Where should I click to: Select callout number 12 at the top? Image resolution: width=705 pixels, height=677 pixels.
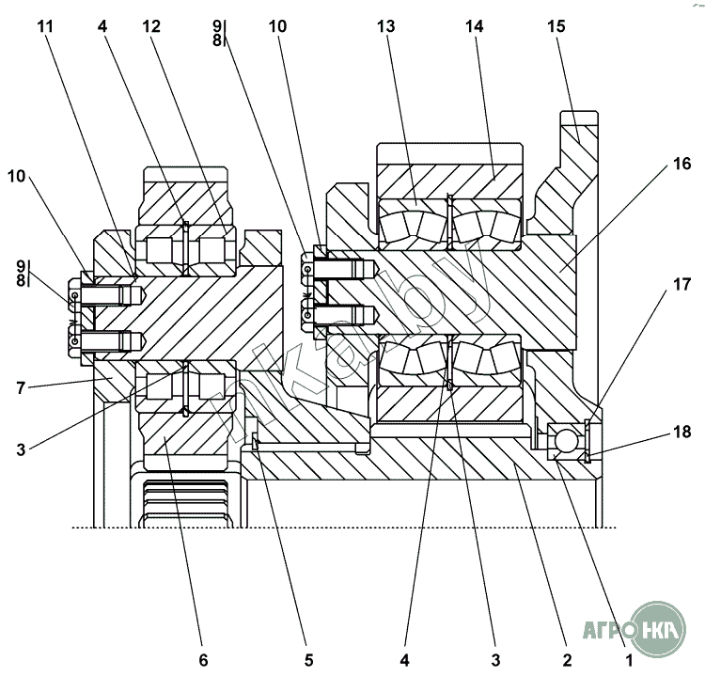point(152,27)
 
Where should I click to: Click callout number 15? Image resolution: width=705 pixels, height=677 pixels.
point(558,27)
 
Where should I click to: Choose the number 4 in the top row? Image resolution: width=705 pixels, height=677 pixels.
point(101,27)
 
